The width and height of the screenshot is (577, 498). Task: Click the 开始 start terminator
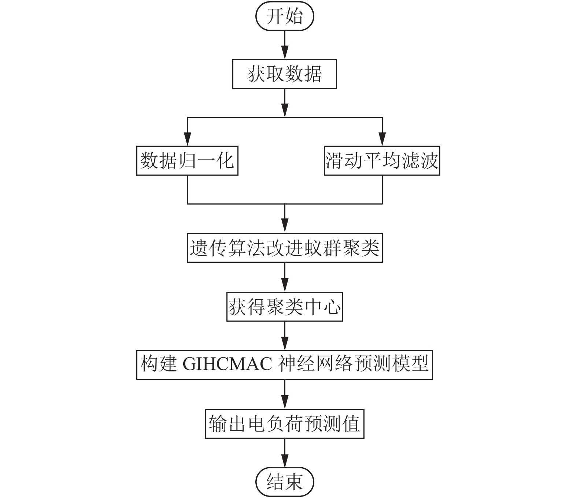coord(285,16)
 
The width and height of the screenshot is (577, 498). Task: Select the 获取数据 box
coord(285,74)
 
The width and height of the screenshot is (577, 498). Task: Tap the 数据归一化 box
coord(187,161)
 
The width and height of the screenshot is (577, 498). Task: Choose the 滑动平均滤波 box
coord(382,161)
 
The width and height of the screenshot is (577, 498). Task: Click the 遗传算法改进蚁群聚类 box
coord(285,248)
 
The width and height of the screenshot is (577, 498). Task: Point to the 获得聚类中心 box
coord(285,307)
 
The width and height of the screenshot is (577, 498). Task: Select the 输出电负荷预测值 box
coord(285,424)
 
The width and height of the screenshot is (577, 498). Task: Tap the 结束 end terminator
coord(285,482)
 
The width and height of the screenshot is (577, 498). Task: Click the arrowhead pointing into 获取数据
coord(285,52)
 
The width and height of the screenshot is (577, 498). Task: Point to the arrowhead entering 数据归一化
coord(187,139)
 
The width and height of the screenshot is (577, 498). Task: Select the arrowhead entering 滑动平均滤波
coord(382,139)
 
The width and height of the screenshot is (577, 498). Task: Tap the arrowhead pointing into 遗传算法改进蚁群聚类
coord(285,226)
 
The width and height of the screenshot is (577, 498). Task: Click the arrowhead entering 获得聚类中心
coord(285,285)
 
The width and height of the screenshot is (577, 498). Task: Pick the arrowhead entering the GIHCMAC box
coord(285,343)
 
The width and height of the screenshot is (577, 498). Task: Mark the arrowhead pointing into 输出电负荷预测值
coord(285,402)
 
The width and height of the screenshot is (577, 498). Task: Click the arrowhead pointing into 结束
coord(285,461)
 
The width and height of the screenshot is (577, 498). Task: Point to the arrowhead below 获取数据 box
coord(285,110)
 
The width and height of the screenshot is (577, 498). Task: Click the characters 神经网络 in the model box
coord(315,364)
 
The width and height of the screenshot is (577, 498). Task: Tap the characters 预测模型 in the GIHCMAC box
coord(391,364)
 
